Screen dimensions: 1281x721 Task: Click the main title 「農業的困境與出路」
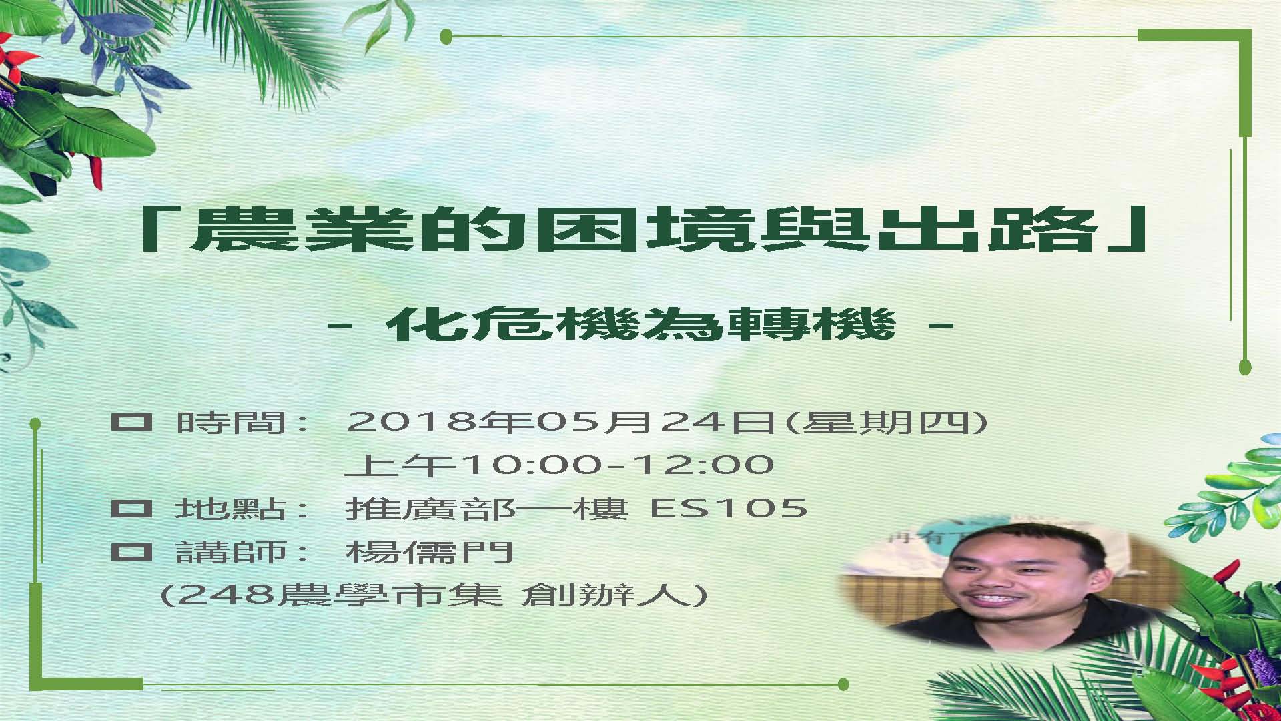click(x=644, y=229)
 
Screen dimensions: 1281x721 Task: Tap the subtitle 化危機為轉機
click(x=640, y=325)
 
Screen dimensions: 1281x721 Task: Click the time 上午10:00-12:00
click(x=560, y=465)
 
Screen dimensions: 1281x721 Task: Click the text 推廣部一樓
click(x=488, y=509)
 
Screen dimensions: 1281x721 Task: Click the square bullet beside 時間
click(x=131, y=422)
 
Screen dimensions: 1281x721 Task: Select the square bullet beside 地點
click(x=131, y=509)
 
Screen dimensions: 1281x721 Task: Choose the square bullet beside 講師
click(x=131, y=552)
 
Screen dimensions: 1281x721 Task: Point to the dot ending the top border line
click(x=447, y=37)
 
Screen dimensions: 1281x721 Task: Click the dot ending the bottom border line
click(x=843, y=684)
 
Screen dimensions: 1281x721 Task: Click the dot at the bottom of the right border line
click(x=1244, y=367)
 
